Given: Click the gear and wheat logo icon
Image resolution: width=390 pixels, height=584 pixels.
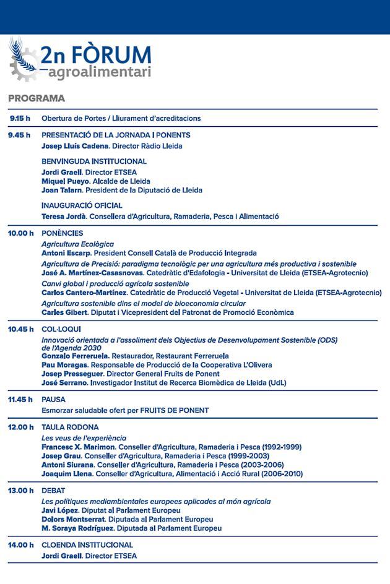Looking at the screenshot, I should [x=23, y=61].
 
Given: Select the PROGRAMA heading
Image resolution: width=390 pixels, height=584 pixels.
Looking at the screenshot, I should [x=37, y=98].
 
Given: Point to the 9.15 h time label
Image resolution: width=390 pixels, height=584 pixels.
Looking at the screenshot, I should [x=20, y=118].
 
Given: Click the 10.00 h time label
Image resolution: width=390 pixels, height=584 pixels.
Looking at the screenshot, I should [x=20, y=233].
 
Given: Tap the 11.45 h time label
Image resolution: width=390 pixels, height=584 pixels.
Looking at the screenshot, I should [x=20, y=400].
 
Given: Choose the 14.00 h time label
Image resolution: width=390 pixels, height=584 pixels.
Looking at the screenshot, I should [x=20, y=545].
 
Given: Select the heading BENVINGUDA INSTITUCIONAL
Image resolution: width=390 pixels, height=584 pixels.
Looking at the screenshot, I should [x=94, y=161].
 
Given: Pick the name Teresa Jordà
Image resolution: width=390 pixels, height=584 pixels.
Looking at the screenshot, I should [x=63, y=217].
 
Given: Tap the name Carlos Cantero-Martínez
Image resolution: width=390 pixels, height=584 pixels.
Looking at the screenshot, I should [x=84, y=293].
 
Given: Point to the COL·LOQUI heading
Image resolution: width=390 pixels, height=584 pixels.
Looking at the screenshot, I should [x=61, y=329].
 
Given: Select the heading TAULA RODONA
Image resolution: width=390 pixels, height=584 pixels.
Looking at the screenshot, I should [x=70, y=427].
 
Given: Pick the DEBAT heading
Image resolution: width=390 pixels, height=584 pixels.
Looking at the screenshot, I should [x=53, y=491].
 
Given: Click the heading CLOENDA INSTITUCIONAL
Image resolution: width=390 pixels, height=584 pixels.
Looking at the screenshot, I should [x=87, y=545].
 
